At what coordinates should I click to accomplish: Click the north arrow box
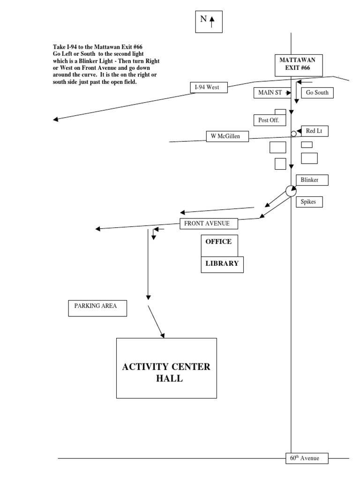coord(209,21)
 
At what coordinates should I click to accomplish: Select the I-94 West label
coord(208,87)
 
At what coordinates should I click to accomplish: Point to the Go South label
coord(317,92)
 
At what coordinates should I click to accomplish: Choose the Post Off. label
coord(269,120)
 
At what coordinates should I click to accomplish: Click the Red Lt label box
coord(315,131)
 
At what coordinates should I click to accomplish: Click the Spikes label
coord(309,202)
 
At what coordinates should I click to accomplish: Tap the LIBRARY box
coord(222,264)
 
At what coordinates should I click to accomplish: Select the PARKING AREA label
coord(97,308)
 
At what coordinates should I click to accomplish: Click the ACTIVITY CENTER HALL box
coord(166,368)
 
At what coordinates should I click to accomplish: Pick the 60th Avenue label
coord(307,458)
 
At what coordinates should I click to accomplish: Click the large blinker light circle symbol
coord(291,191)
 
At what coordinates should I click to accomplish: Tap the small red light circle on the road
coord(293,134)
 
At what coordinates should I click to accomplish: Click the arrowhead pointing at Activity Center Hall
coord(163,335)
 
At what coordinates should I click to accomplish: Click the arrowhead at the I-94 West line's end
coord(55,120)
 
